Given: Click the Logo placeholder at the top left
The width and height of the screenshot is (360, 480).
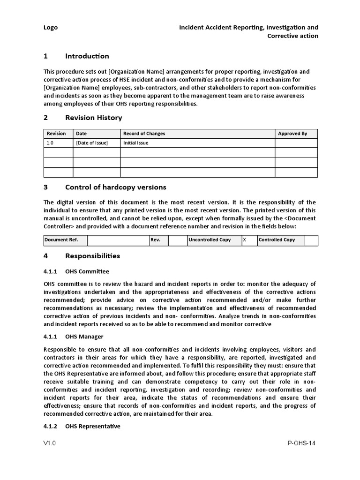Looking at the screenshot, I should point(51,28).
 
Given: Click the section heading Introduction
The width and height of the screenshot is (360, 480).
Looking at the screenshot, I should point(87,56).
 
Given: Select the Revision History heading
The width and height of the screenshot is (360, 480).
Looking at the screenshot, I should point(93,118).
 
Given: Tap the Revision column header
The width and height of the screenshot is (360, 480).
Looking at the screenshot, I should point(56,134).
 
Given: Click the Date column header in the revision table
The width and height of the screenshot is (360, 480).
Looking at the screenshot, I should point(82,134).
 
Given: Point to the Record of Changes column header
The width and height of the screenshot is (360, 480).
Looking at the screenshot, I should point(144,134).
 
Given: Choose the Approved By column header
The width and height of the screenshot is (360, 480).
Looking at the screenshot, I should point(292,134).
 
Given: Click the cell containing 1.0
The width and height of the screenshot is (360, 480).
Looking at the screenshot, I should point(51,143).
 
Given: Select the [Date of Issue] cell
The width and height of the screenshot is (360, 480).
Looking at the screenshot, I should point(92,143).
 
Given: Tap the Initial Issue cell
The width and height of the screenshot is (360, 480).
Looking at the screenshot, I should point(135,143).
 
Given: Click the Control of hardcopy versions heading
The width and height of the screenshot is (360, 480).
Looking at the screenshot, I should point(115,187).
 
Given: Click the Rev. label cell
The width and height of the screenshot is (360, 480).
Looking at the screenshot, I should point(155,240).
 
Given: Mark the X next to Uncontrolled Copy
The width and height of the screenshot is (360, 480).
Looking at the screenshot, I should point(244,240).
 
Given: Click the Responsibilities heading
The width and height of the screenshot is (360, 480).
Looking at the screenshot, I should point(92,256).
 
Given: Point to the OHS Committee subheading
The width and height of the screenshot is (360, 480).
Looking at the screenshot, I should point(87,271).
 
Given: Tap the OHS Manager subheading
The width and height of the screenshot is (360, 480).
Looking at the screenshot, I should point(84,337).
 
